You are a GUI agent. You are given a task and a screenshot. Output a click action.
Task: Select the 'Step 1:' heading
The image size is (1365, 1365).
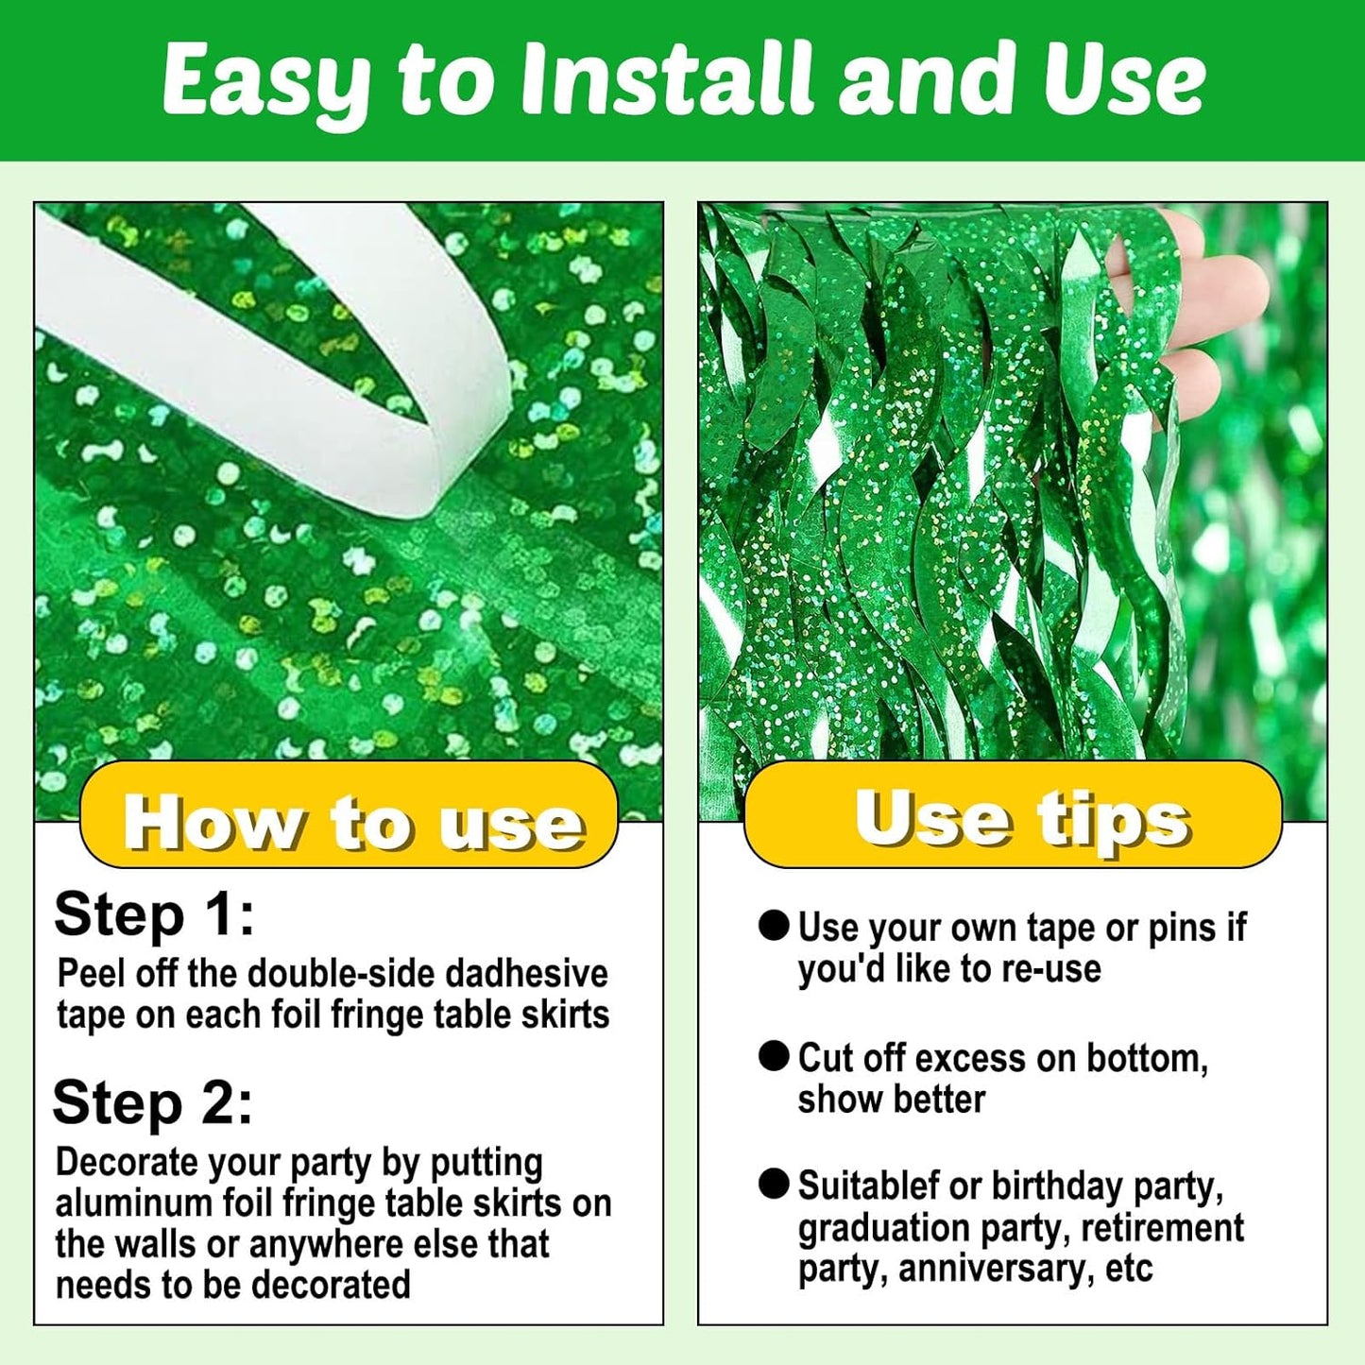154,914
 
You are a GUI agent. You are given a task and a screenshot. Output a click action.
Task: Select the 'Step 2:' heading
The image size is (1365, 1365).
153,1103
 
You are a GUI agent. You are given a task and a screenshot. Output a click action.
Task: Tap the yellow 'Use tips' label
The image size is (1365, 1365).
1013,815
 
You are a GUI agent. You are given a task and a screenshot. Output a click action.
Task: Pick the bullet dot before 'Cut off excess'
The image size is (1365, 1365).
774,1057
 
